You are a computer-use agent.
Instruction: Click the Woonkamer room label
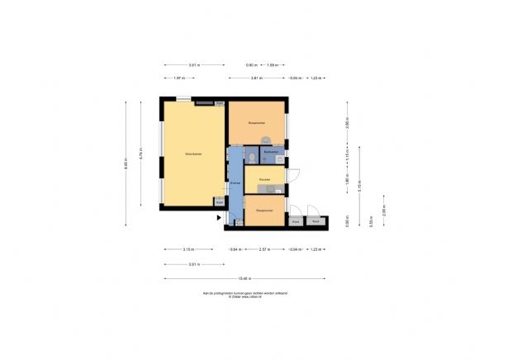(x=194, y=154)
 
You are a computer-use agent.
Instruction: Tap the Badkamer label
(x=270, y=153)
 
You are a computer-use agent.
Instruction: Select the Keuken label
(x=264, y=179)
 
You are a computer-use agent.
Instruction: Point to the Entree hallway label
(x=235, y=183)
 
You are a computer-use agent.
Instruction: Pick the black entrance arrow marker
(x=219, y=217)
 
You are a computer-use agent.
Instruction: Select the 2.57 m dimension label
(x=263, y=249)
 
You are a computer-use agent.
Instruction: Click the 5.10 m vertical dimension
(x=361, y=185)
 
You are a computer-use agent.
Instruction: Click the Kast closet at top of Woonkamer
(x=220, y=102)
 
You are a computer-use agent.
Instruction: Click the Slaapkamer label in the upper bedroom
(x=256, y=122)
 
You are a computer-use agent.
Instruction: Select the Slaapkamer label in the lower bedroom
(x=264, y=211)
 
